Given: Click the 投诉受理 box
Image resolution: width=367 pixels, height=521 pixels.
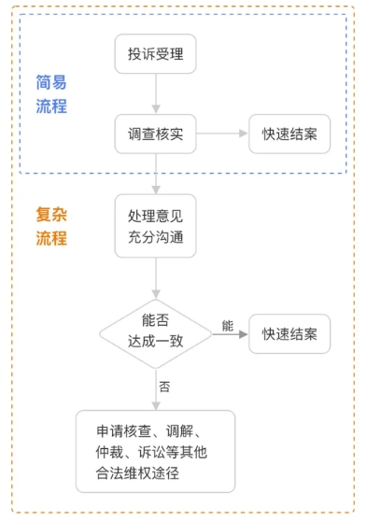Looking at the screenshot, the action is click(x=155, y=53).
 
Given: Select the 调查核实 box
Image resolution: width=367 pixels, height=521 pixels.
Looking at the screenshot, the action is click(x=155, y=134).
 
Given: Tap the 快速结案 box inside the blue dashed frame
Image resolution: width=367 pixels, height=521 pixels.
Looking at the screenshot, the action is click(x=289, y=134).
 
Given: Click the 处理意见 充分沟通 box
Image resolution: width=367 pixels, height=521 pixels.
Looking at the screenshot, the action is click(x=155, y=226).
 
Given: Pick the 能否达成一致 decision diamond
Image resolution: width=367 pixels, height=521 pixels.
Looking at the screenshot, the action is click(x=155, y=334).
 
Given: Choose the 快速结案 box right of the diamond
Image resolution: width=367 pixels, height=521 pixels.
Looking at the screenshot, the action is click(x=289, y=334).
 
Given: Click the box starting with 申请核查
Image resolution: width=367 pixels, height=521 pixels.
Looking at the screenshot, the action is click(x=155, y=452).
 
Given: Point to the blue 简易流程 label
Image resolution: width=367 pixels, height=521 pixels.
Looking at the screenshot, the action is click(x=51, y=94).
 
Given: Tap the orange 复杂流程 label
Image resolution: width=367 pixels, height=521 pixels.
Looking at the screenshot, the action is click(x=51, y=226).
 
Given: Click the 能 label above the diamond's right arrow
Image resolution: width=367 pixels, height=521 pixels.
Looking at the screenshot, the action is click(x=228, y=326).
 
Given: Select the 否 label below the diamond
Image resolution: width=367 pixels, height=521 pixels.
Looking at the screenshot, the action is click(x=164, y=387).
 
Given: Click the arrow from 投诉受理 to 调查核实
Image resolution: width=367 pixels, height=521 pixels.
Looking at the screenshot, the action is click(x=156, y=93).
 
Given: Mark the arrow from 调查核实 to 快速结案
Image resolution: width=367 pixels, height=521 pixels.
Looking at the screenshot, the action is click(x=222, y=134).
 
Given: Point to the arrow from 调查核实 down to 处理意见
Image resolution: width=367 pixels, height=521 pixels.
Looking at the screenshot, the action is click(x=156, y=174).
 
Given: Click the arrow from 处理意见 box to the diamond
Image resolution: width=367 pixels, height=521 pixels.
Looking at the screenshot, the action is click(x=156, y=278).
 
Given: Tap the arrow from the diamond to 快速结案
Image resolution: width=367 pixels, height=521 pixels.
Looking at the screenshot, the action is click(x=230, y=334).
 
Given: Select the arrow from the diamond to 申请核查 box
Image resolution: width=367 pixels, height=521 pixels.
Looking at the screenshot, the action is click(x=156, y=389).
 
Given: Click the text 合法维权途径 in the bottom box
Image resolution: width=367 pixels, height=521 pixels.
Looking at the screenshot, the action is click(x=137, y=473).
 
